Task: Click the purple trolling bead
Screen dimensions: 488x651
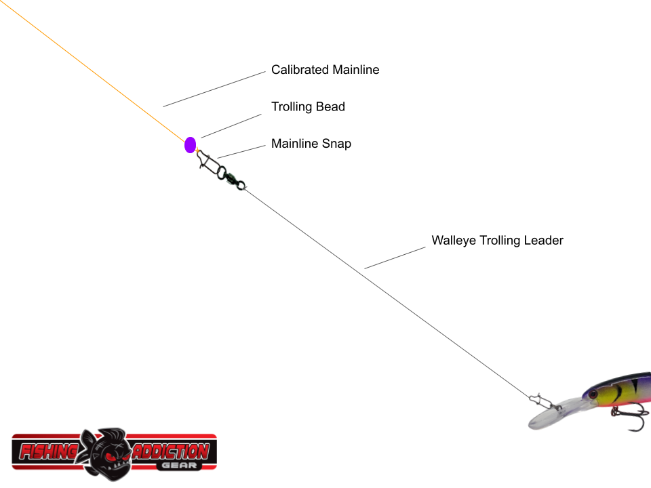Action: [190, 144]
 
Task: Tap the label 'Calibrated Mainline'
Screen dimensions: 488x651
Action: [325, 70]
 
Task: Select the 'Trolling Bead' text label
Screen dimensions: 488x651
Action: [308, 107]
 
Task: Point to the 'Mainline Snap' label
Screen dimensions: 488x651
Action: [311, 144]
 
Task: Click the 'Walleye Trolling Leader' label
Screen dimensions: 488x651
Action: [497, 241]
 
